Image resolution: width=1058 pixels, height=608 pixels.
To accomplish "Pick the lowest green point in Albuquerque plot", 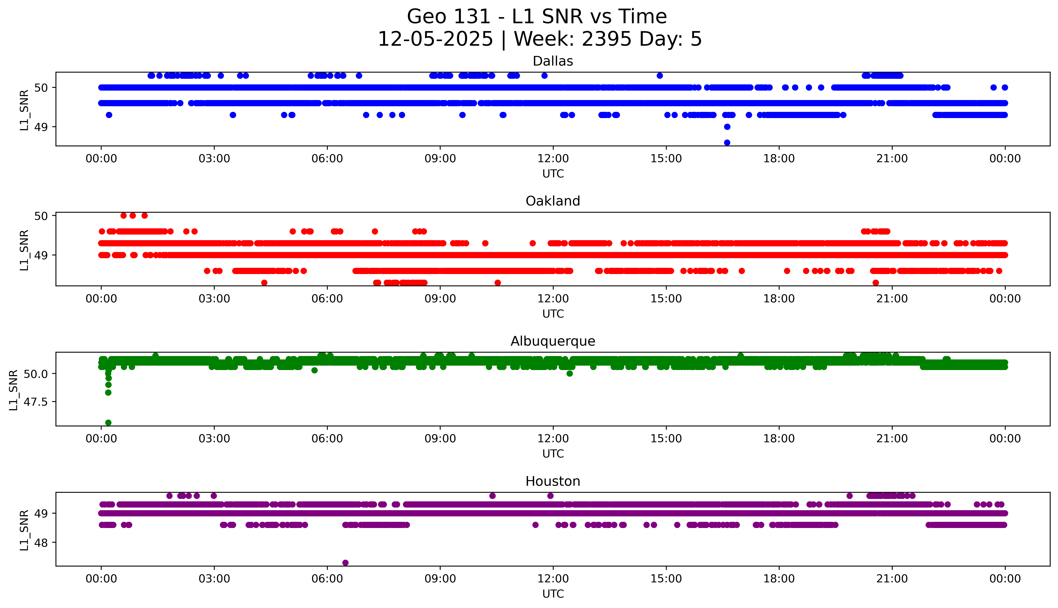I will coord(108,423).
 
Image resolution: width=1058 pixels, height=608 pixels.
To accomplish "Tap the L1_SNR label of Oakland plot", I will coord(24,250).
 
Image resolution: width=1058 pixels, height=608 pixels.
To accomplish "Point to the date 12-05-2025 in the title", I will coord(435,39).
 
